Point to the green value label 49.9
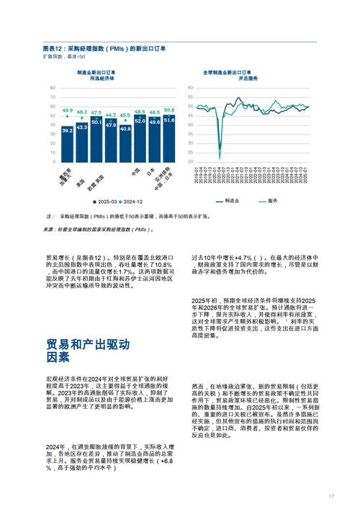coord(67,110)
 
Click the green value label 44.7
coord(110,115)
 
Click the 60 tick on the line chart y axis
coord(189,88)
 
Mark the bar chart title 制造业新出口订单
coord(96,73)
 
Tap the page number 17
coord(332,496)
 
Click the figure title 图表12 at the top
coord(104,48)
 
